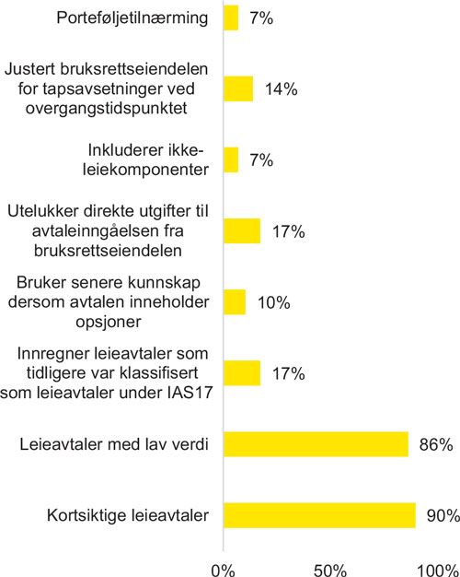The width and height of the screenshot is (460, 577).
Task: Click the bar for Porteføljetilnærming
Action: point(231,18)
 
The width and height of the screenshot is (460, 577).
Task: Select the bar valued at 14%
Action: point(238,88)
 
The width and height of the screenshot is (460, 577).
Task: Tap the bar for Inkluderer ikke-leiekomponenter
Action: point(231,159)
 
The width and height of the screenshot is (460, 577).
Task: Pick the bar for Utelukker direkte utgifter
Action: point(242,230)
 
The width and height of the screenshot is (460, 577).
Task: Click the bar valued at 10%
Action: point(235,302)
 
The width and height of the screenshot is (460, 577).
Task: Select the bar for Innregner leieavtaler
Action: point(242,373)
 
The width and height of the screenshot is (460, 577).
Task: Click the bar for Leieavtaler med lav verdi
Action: point(316,444)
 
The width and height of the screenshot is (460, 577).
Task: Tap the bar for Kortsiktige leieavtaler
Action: point(319,515)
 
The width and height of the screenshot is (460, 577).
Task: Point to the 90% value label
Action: point(443,515)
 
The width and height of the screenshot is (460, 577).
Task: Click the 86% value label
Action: point(436,444)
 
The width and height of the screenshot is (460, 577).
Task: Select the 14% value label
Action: point(282,89)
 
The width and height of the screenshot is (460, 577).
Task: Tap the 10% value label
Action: point(274,302)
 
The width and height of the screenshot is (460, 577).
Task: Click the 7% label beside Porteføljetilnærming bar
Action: point(261,18)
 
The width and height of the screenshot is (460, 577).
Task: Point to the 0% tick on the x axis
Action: point(223,570)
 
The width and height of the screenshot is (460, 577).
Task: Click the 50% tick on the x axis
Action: point(330,570)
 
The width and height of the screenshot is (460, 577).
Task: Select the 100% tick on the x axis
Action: point(438,570)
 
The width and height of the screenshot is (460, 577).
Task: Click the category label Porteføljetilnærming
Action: point(132,18)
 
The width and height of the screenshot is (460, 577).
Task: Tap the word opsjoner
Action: point(109,322)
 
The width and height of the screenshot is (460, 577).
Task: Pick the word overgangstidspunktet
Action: point(107,109)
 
